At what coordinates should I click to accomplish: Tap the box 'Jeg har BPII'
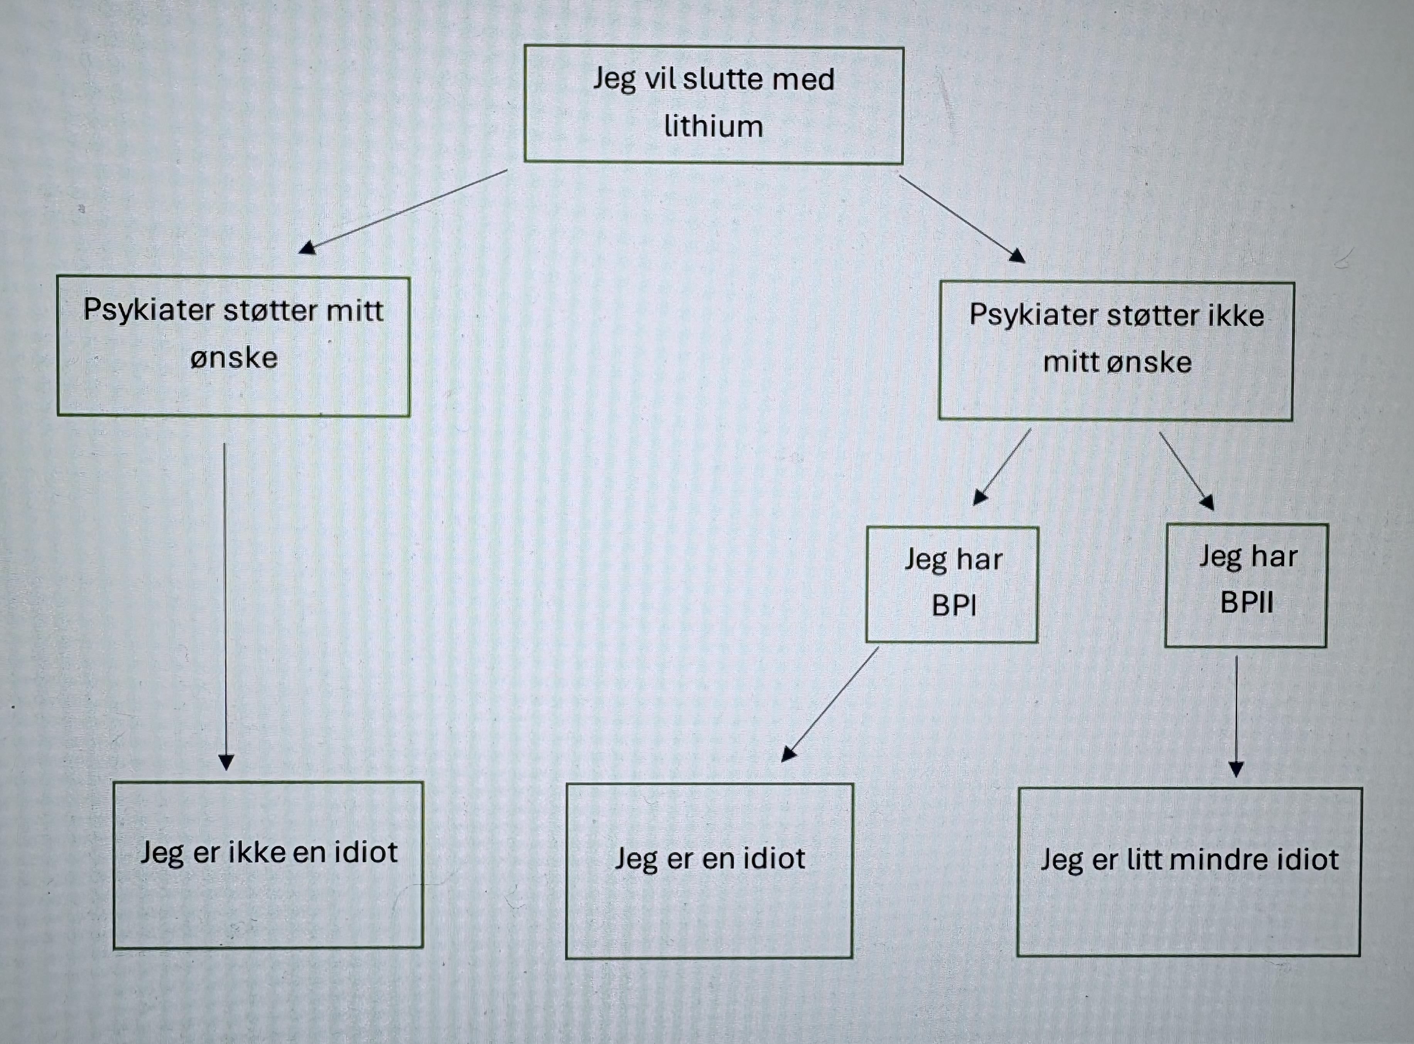1246,585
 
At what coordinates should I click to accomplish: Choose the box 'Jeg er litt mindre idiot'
1190,872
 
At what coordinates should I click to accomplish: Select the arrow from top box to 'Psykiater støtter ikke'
960,218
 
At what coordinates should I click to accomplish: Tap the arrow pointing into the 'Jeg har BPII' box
1186,470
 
